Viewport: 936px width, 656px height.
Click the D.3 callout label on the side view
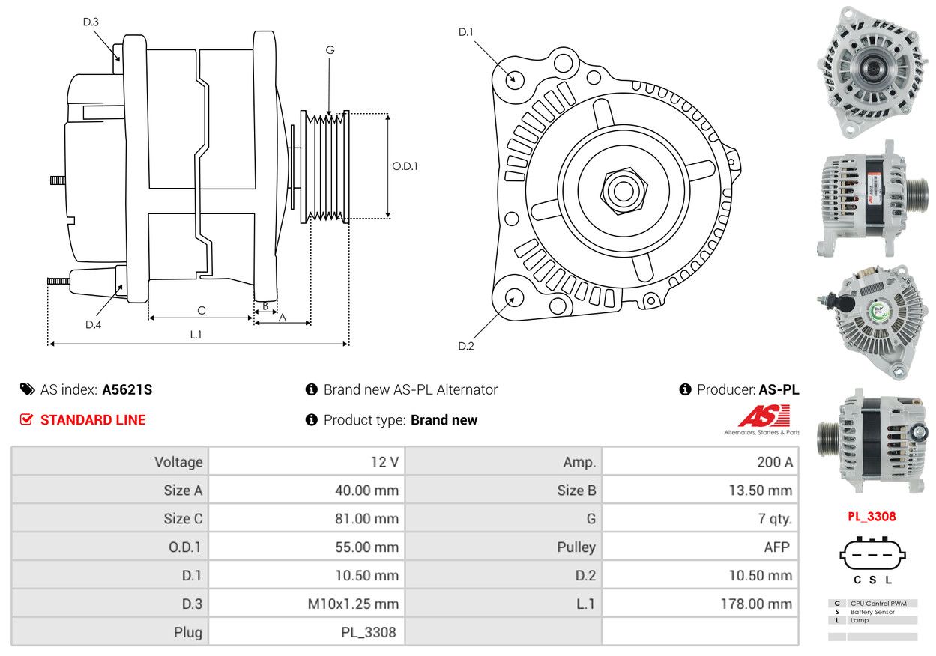point(91,22)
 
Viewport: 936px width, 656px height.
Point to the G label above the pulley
point(330,50)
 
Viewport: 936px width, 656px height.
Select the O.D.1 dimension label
point(405,166)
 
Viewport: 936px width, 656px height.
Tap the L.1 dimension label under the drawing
point(196,335)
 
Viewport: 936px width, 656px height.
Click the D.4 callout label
point(93,324)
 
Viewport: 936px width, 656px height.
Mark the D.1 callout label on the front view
point(465,32)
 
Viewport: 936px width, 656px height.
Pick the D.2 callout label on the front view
point(466,346)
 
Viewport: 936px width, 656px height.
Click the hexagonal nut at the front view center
point(624,191)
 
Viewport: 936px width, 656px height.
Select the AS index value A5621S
point(127,389)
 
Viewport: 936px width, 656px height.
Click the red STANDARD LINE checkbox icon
point(26,419)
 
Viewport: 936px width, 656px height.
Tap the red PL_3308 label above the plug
point(872,517)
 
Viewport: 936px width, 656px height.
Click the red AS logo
point(764,416)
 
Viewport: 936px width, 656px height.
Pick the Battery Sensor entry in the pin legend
point(872,612)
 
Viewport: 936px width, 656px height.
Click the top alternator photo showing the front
point(872,72)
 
